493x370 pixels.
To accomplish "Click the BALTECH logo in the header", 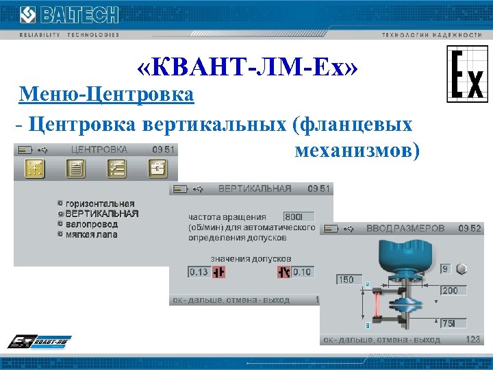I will point(68,15).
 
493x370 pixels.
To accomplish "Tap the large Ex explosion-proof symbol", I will point(468,75).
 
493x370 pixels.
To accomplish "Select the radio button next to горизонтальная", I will point(60,203).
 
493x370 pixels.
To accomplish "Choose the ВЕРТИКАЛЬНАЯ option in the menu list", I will point(102,214).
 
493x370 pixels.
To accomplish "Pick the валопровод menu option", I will point(91,224).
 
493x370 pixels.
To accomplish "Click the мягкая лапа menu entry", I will point(91,234).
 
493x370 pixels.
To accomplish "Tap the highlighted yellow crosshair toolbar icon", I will point(34,169).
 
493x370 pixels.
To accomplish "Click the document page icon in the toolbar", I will point(75,169).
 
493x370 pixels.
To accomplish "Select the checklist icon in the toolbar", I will point(117,169).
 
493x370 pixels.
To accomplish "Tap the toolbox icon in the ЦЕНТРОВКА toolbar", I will point(158,169).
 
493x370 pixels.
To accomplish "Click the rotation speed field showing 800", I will point(297,216).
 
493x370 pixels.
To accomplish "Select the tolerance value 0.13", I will point(199,272).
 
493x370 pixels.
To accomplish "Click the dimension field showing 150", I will point(349,280).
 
